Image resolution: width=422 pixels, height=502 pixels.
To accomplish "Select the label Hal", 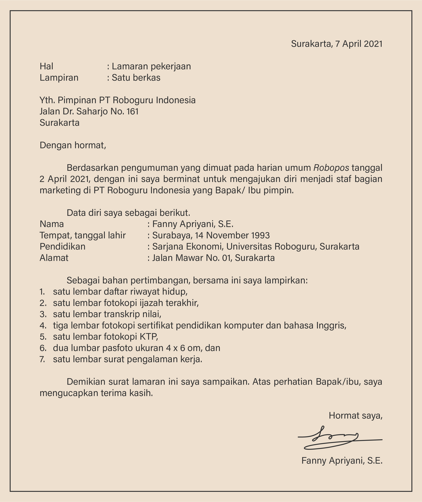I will point(47,66).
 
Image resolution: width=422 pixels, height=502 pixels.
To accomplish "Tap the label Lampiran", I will point(59,77).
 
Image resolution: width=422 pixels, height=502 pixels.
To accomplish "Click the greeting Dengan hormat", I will point(73,145).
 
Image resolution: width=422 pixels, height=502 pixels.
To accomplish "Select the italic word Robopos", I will point(331,168).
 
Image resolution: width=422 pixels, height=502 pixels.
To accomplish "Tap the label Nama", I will point(52,224).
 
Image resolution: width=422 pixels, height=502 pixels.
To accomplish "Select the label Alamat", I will point(54,258).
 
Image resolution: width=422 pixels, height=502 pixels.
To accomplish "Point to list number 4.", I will point(42,325).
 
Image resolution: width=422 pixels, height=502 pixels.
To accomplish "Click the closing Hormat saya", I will point(355,416).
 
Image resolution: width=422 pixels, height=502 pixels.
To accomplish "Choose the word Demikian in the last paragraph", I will point(86,382).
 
